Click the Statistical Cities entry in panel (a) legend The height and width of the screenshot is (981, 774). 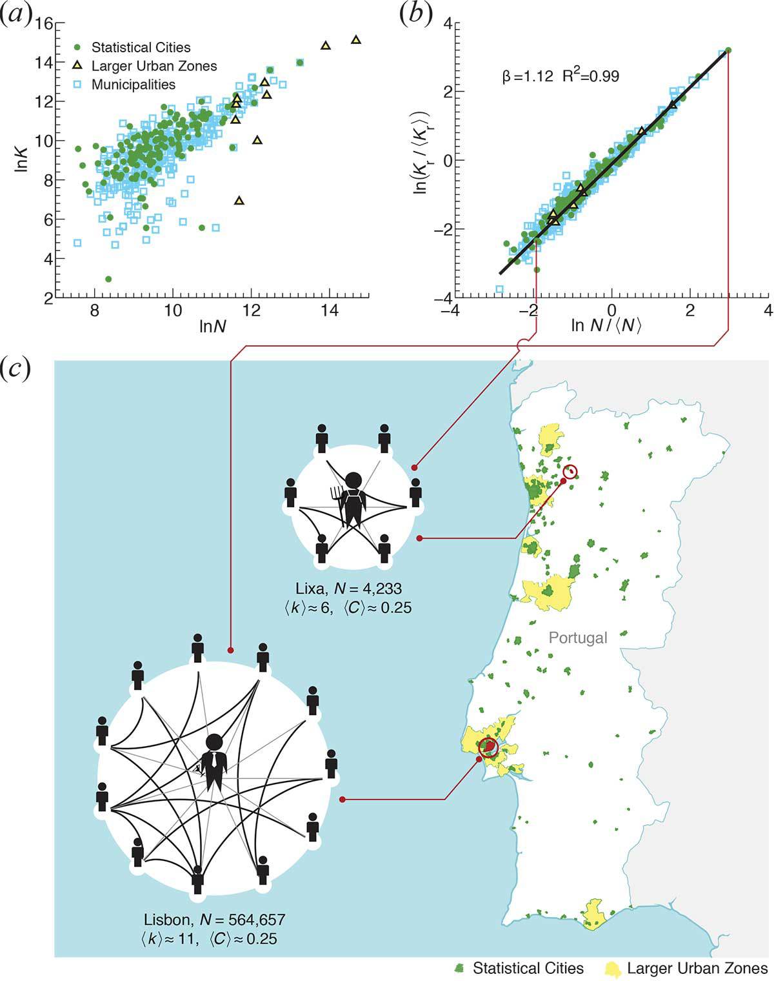point(141,47)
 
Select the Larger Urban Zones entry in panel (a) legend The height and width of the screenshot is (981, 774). point(154,66)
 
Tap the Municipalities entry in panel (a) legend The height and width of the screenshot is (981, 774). point(133,85)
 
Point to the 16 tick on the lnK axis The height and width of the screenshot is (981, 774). point(43,25)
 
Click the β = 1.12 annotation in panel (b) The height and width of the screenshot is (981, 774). point(527,77)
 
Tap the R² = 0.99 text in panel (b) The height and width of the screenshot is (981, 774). point(593,76)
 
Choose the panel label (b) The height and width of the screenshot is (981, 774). point(415,15)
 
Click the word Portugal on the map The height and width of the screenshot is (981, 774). point(578,638)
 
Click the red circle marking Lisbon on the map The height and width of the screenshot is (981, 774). point(490,747)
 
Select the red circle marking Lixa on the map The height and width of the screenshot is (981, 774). point(571,472)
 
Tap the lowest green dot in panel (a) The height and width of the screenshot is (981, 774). point(108,279)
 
